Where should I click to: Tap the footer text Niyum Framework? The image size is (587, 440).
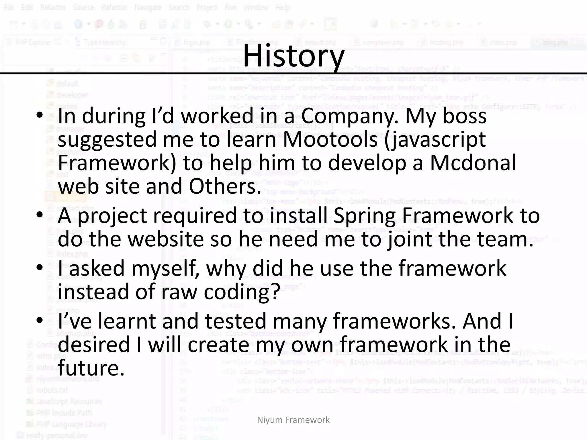pos(293,420)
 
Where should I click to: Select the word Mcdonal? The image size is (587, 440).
pos(473,163)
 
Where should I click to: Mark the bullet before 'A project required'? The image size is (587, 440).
pos(40,215)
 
